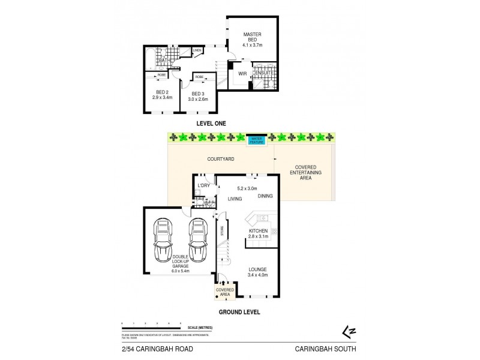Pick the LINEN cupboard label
tap(197, 50)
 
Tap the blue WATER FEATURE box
tap(260, 139)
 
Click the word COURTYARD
tap(220, 159)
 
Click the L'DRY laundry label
tap(203, 187)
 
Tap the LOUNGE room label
tap(257, 272)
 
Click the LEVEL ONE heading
tap(214, 123)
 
